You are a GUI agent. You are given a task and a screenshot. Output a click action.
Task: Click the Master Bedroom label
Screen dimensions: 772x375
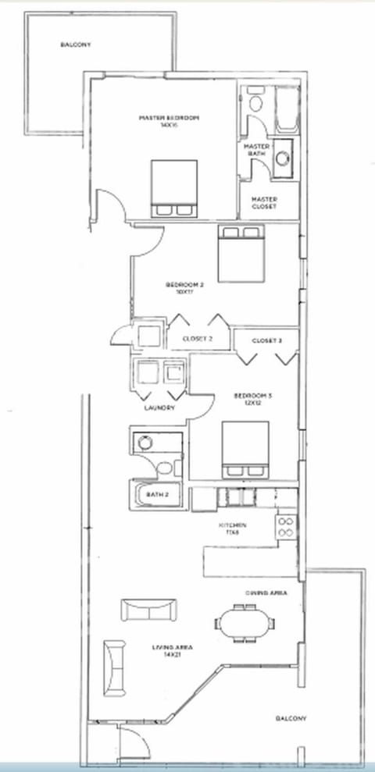point(169,118)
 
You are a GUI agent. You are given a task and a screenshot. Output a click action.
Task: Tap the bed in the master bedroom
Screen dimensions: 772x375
point(173,187)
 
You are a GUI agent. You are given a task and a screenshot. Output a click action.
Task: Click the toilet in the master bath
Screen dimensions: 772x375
point(255,104)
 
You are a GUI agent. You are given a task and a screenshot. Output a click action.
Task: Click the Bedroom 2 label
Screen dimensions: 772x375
point(184,285)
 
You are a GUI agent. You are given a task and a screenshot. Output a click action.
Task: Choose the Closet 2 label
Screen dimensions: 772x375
point(197,339)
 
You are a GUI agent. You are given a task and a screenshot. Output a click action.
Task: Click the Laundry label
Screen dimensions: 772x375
point(159,408)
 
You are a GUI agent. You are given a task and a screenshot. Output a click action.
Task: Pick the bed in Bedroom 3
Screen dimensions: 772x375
point(245,448)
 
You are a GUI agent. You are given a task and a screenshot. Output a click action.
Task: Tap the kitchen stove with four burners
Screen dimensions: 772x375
point(286,526)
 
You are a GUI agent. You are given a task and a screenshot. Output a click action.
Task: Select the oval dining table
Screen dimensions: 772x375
point(246,622)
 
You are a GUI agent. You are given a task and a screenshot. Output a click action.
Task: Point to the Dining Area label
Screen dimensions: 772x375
point(266,593)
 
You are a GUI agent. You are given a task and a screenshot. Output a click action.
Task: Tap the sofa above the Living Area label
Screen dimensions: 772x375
point(148,609)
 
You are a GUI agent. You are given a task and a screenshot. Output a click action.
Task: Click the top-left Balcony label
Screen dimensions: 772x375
point(76,44)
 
